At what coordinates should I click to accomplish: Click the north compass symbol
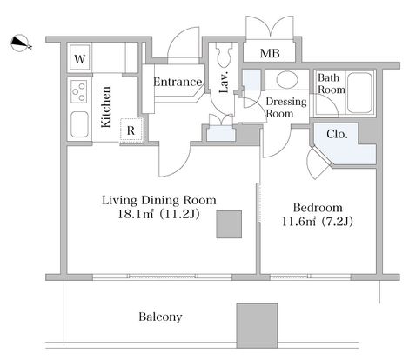click(x=20, y=43)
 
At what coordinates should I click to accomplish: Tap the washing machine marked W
click(x=80, y=58)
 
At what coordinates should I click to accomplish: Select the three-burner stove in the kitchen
click(x=79, y=91)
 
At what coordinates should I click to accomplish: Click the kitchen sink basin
click(x=79, y=124)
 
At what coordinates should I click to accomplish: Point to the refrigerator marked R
click(x=131, y=130)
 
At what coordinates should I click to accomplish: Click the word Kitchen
click(x=106, y=107)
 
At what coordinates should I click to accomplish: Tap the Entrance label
click(x=178, y=82)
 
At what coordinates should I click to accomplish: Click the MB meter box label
click(x=270, y=53)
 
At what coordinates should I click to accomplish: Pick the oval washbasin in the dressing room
click(x=287, y=79)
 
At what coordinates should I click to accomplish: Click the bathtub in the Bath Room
click(x=359, y=93)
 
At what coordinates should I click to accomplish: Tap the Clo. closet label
click(x=337, y=134)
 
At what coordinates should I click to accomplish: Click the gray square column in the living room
click(x=229, y=224)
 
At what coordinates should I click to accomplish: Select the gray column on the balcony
click(x=257, y=325)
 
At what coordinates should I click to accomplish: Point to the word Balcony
click(x=160, y=317)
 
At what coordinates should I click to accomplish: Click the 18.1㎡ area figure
click(x=136, y=214)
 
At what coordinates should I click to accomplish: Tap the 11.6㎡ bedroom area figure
click(x=299, y=222)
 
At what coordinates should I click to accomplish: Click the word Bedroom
click(x=318, y=208)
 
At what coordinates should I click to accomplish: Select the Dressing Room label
click(x=286, y=108)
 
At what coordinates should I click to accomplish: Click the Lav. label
click(x=225, y=82)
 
